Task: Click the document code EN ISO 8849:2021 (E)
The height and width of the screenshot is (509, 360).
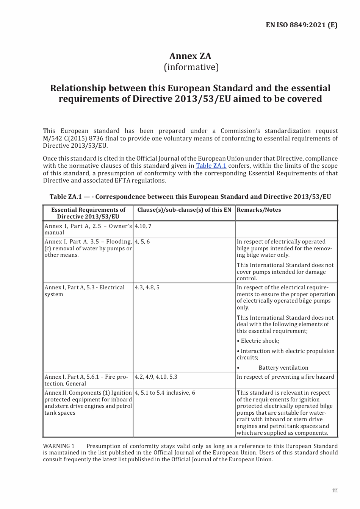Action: tap(301, 25)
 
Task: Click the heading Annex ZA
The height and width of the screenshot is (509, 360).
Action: tap(190, 56)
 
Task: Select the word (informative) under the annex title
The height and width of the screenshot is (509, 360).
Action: tap(191, 67)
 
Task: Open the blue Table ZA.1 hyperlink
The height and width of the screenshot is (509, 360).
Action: tap(211, 166)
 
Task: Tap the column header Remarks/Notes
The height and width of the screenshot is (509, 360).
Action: tap(259, 210)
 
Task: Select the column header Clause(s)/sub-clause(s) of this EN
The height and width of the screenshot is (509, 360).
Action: tap(184, 210)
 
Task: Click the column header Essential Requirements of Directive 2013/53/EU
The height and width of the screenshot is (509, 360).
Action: tap(88, 213)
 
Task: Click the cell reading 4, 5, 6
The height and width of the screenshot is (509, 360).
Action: tap(142, 242)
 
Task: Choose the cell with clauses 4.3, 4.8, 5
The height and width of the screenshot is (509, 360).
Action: tap(147, 287)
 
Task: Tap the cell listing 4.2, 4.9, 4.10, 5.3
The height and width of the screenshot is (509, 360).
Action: tap(156, 377)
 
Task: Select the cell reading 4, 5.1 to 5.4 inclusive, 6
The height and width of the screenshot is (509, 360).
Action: tap(165, 393)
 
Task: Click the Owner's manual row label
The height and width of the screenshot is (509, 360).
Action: tap(88, 229)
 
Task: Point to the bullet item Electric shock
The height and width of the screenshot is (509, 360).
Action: tap(260, 341)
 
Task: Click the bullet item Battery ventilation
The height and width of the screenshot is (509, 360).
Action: tap(283, 368)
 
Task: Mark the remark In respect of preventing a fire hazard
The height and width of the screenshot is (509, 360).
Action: tap(285, 377)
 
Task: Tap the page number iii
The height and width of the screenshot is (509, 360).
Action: tap(335, 490)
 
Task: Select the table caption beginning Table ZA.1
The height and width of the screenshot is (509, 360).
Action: tap(190, 197)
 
